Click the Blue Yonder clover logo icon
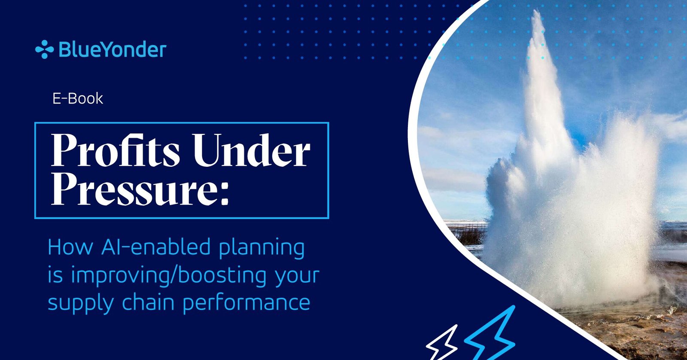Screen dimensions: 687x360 [x=45, y=49]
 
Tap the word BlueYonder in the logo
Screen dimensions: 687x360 [x=112, y=50]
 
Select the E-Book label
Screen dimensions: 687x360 [x=78, y=99]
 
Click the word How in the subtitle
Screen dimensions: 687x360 [x=70, y=247]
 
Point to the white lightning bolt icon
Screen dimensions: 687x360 [x=442, y=343]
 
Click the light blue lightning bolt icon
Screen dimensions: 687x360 [x=490, y=333]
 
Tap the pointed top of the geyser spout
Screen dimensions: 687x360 [x=536, y=11]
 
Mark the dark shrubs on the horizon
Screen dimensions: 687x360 [x=469, y=235]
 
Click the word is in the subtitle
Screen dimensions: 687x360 [x=55, y=276]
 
